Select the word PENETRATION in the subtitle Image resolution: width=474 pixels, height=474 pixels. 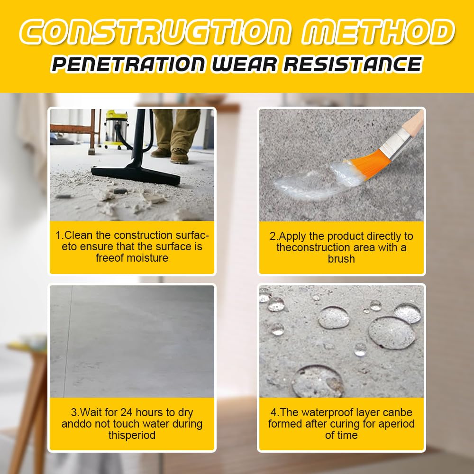pyautogui.click(x=128, y=64)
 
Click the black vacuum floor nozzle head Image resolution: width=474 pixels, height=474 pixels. pyautogui.click(x=136, y=175)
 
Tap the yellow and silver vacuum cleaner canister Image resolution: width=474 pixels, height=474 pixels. pyautogui.click(x=117, y=129)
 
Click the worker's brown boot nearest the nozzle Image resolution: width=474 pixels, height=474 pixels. pyautogui.click(x=180, y=156)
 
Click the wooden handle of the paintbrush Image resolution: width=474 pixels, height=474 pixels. pyautogui.click(x=413, y=124)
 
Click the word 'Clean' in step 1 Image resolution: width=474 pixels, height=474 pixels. pyautogui.click(x=79, y=235)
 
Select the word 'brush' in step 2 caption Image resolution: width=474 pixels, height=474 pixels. pyautogui.click(x=341, y=259)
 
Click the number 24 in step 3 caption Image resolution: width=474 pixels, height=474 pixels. pyautogui.click(x=127, y=412)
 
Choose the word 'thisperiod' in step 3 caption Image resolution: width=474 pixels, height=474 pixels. pyautogui.click(x=132, y=435)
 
